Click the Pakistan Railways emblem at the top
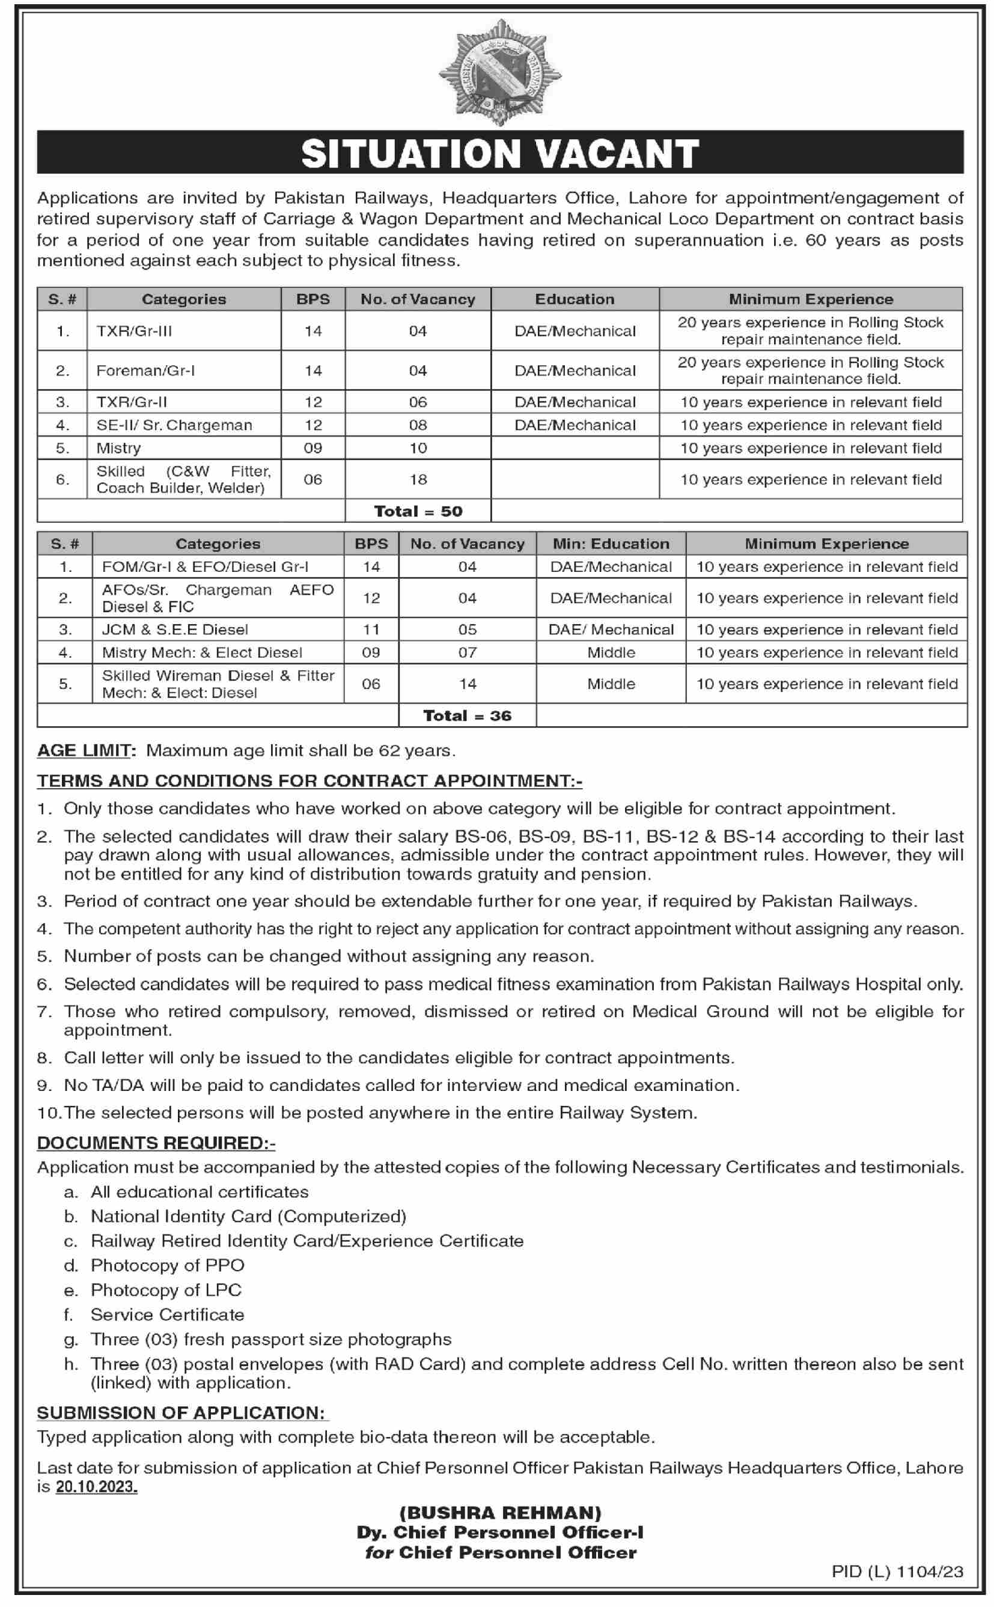coord(499,72)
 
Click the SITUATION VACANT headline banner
coord(499,153)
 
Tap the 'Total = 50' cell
coord(418,511)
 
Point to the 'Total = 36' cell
coord(467,715)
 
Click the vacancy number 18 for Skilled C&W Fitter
coord(418,479)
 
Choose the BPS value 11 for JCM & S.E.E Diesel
coord(371,630)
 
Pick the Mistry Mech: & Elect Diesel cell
coord(202,652)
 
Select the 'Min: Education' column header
coord(611,543)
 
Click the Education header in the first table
coord(575,299)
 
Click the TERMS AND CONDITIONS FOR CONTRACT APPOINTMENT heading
coord(309,780)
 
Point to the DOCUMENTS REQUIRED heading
coord(156,1143)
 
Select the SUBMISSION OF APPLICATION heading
coord(181,1412)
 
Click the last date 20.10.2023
coord(97,1487)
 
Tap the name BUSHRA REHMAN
coord(500,1513)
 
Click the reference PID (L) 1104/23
coord(897,1572)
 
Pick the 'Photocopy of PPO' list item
coord(168,1265)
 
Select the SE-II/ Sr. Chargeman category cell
coord(174,425)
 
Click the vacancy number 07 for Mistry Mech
coord(468,652)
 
